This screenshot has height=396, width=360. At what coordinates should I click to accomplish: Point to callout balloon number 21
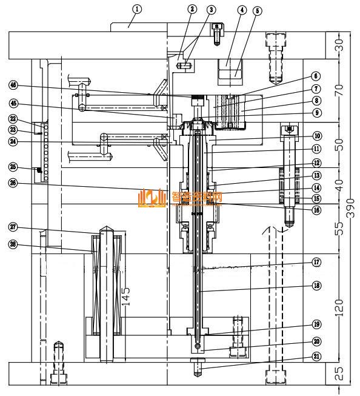[317, 357]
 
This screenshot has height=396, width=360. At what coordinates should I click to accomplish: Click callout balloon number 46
[29, 84]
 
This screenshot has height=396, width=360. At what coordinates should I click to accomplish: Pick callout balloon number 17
[317, 263]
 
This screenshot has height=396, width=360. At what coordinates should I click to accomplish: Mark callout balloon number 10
[317, 136]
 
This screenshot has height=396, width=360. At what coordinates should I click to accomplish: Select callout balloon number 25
[29, 167]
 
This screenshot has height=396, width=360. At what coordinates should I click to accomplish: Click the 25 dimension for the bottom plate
[340, 373]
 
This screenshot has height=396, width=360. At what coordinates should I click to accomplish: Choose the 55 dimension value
[340, 228]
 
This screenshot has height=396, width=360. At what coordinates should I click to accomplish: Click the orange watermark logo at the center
[152, 198]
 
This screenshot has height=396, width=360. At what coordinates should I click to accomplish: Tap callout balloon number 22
[29, 119]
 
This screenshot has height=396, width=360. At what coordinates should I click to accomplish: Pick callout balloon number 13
[317, 175]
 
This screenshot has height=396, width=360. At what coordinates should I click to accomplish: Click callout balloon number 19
[317, 324]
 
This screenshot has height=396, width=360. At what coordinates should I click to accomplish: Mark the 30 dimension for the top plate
[340, 44]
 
